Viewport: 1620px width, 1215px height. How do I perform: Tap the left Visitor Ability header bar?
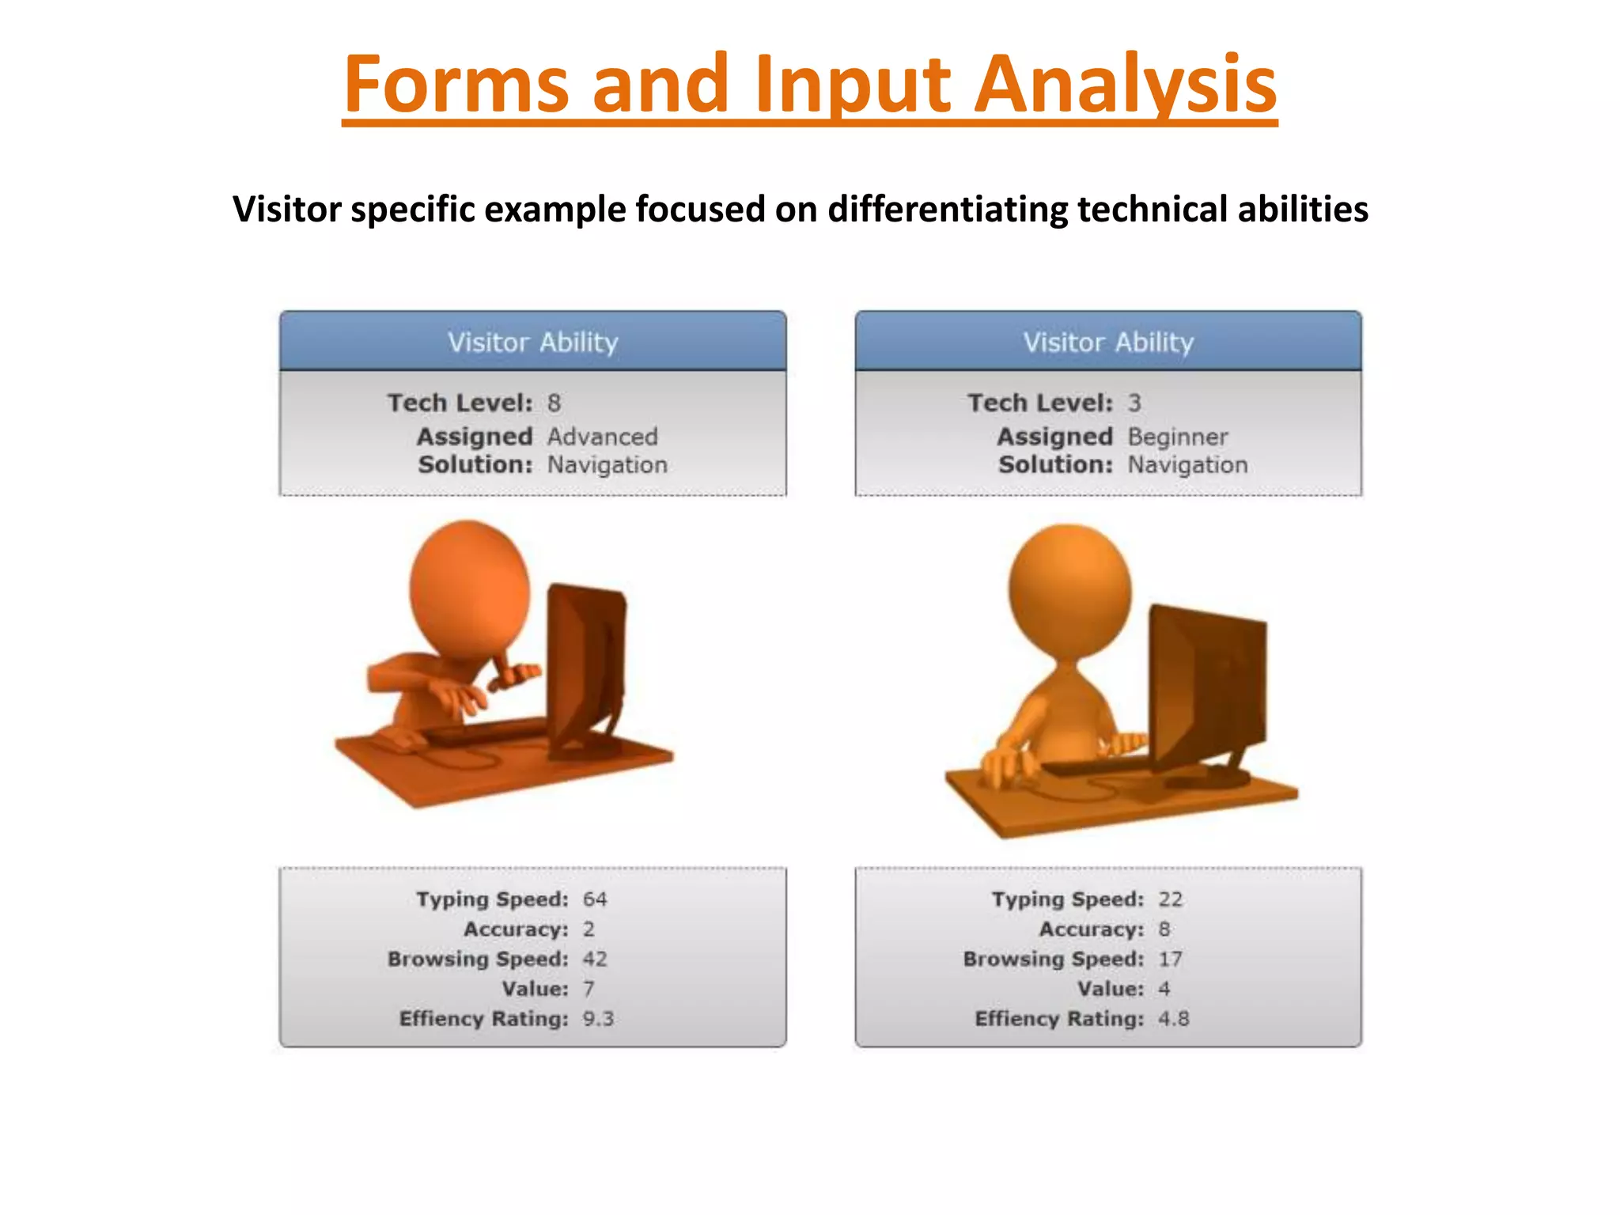(x=532, y=342)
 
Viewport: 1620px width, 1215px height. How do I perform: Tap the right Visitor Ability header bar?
(x=1107, y=342)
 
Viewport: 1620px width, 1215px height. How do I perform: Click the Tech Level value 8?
(x=554, y=403)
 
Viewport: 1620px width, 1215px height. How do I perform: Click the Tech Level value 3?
(x=1134, y=403)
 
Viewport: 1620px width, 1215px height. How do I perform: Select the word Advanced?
(x=602, y=437)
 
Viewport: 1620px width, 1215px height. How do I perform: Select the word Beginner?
(x=1177, y=437)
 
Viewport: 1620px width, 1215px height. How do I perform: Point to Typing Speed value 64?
(x=595, y=899)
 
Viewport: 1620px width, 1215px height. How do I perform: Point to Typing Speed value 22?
(x=1170, y=899)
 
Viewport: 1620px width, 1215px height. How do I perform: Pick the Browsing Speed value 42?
(x=595, y=959)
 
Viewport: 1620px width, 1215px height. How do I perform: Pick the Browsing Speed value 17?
(x=1170, y=959)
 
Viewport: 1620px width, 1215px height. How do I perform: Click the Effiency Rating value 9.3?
(x=598, y=1019)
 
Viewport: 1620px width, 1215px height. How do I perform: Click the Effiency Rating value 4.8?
(x=1173, y=1019)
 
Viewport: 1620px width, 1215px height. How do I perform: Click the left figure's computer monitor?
(x=585, y=664)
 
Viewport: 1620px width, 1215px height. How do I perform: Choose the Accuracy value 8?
(x=1164, y=929)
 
